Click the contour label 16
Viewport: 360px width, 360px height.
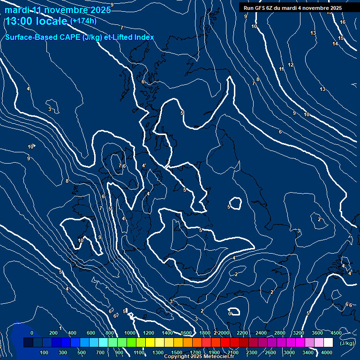pyautogui.click(x=343, y=22)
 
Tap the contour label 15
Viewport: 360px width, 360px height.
pyautogui.click(x=341, y=38)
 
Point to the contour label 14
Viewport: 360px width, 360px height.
pyautogui.click(x=335, y=44)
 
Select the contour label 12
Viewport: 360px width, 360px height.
pyautogui.click(x=291, y=65)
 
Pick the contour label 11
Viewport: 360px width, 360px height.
pyautogui.click(x=282, y=69)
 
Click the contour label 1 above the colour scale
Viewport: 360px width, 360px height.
pyautogui.click(x=60, y=328)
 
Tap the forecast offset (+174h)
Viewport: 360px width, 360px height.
pyautogui.click(x=83, y=21)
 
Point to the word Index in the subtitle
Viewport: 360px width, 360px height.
pyautogui.click(x=144, y=37)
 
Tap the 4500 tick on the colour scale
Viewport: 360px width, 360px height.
pyautogui.click(x=336, y=333)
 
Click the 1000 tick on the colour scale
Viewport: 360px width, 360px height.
pyautogui.click(x=130, y=333)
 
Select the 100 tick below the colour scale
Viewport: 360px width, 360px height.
pyautogui.click(x=44, y=352)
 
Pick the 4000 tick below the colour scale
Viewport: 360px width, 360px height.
pyautogui.click(x=327, y=352)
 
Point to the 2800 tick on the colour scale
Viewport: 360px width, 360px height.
pyautogui.click(x=280, y=333)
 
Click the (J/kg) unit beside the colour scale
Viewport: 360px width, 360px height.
pyautogui.click(x=347, y=343)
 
